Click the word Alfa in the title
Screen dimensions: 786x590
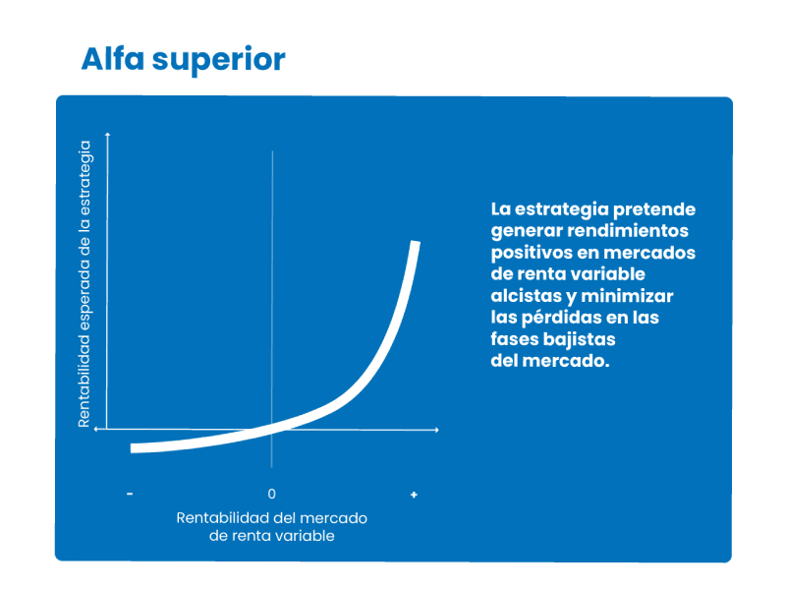pyautogui.click(x=113, y=59)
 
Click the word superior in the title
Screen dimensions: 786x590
pyautogui.click(x=218, y=61)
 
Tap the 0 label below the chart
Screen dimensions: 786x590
pyautogui.click(x=272, y=495)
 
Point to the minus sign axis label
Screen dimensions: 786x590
pyautogui.click(x=130, y=495)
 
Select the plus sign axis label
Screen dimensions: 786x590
pyautogui.click(x=414, y=495)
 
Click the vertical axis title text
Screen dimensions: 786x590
pyautogui.click(x=84, y=284)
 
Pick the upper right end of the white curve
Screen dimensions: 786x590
pyautogui.click(x=416, y=242)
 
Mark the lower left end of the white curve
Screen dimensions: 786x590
pyautogui.click(x=132, y=448)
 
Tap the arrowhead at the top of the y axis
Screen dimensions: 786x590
pyautogui.click(x=107, y=134)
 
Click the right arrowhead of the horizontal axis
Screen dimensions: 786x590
pyautogui.click(x=437, y=430)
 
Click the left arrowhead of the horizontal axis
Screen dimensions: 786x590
pyautogui.click(x=96, y=429)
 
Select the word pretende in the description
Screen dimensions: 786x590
pyautogui.click(x=654, y=209)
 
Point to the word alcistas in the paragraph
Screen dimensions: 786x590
pyautogui.click(x=526, y=296)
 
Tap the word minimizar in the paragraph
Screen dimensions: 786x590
pyautogui.click(x=627, y=296)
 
